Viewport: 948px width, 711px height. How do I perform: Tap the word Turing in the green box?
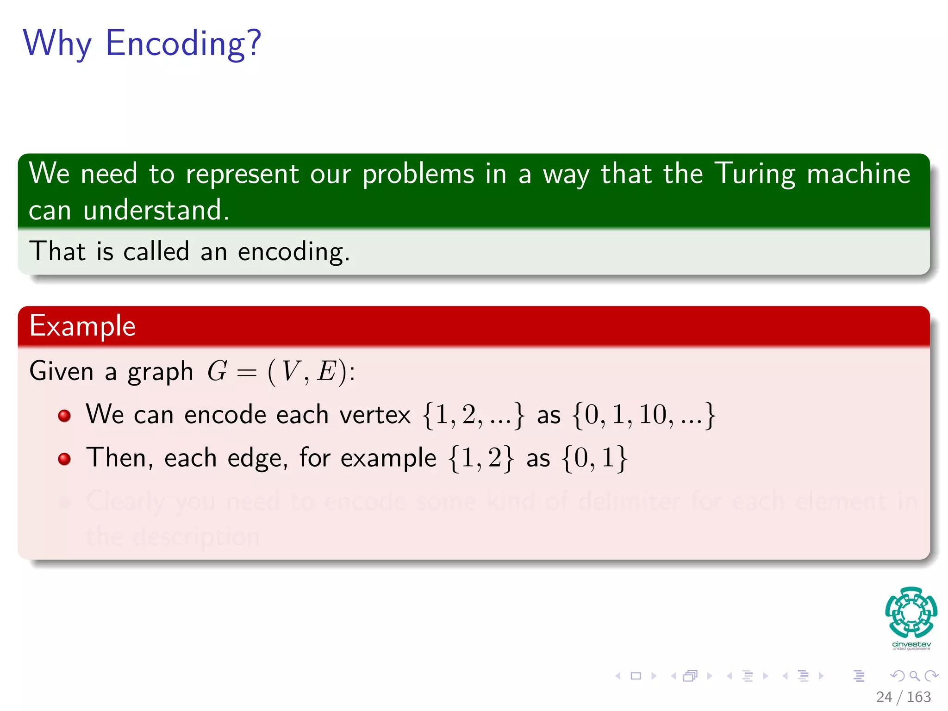(x=755, y=175)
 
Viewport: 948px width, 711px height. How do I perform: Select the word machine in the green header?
(x=859, y=174)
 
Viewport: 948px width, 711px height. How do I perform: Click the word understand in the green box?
(x=156, y=210)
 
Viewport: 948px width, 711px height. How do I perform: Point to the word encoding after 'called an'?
(x=293, y=252)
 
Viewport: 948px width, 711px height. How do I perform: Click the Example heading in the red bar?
(x=82, y=325)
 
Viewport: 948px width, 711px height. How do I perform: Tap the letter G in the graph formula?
(x=217, y=371)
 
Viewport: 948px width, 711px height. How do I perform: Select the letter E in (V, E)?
(x=326, y=371)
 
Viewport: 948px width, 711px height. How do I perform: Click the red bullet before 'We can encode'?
(x=64, y=416)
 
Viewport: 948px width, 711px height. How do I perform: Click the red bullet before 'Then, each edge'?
(x=64, y=459)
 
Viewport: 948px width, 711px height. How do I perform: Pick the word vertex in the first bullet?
(x=375, y=414)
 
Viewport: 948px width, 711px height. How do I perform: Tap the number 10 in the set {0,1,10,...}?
(x=653, y=414)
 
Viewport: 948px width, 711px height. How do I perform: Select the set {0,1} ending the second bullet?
(x=594, y=458)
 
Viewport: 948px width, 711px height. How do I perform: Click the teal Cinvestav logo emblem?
(x=911, y=612)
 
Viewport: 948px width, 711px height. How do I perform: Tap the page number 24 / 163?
(x=903, y=697)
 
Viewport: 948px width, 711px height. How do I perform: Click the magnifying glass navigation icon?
(x=914, y=676)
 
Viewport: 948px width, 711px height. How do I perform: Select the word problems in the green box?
(x=418, y=175)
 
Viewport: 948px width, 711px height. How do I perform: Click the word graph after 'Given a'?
(x=160, y=372)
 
